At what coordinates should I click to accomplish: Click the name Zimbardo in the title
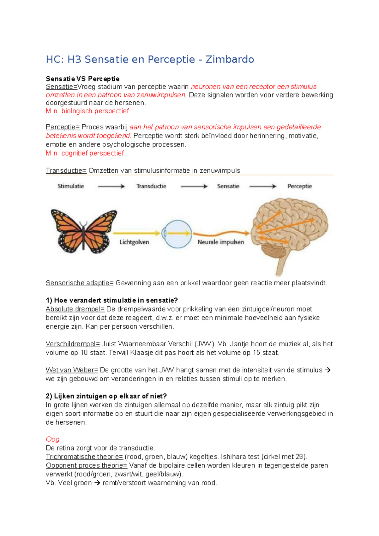pos(230,59)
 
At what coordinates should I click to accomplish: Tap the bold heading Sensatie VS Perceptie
pos(82,79)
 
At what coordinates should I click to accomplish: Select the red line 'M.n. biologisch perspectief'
pos(87,111)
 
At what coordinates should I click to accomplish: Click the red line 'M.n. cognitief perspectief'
pos(85,153)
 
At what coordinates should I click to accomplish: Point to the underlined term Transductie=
pos(66,171)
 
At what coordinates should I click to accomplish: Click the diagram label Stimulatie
pos(71,186)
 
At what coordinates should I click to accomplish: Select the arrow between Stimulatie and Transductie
pos(111,187)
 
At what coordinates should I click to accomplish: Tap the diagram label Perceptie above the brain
pos(299,186)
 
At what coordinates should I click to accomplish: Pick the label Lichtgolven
pos(134,242)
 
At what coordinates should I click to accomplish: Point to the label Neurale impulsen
pos(221,242)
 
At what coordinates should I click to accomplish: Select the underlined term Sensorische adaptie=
pos(79,283)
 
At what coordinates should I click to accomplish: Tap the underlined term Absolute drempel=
pos(75,309)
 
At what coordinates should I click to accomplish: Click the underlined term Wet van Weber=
pos(72,370)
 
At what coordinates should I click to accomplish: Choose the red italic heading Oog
pos(52,439)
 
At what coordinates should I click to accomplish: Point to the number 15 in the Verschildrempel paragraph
pos(256,353)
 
